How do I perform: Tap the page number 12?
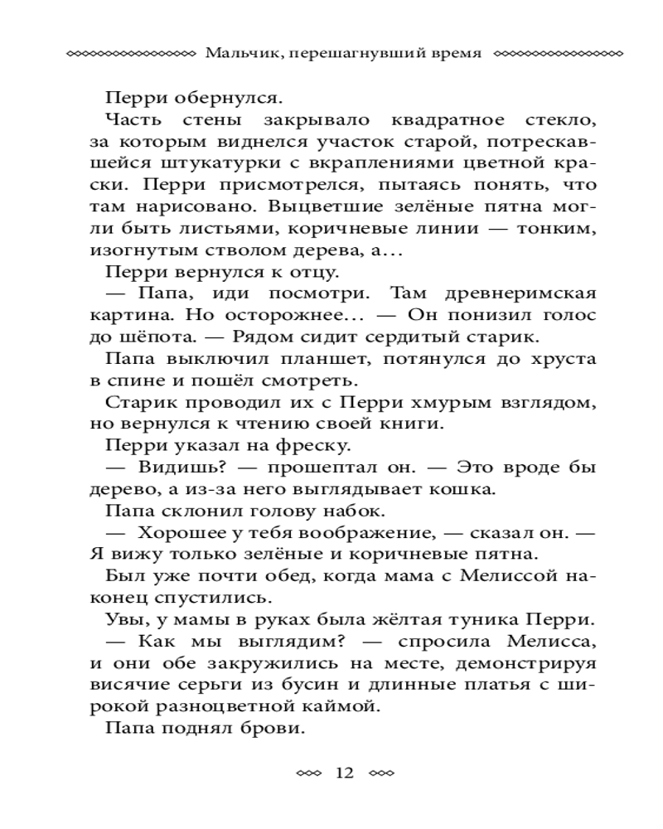(344, 773)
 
